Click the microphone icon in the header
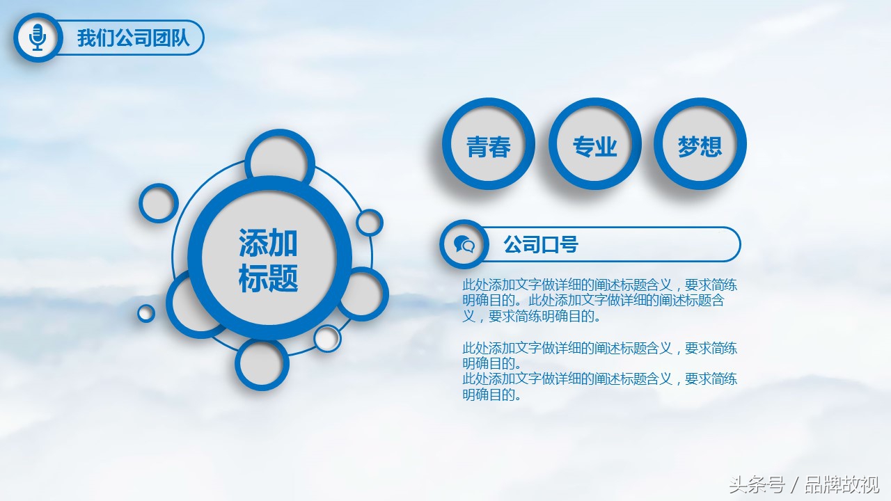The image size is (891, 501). tap(38, 38)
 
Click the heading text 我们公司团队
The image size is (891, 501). tap(133, 38)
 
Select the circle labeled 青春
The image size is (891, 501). tap(489, 144)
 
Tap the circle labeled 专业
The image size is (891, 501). tap(594, 144)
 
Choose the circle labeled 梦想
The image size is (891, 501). tap(700, 144)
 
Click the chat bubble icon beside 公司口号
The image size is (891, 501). tap(464, 244)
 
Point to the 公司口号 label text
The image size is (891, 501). tap(541, 244)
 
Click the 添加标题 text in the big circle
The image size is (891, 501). tap(268, 260)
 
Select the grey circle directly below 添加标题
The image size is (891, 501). tap(262, 363)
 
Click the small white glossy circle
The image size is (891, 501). tap(327, 338)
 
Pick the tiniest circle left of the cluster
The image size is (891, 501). tap(146, 313)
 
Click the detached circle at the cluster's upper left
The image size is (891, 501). tap(158, 202)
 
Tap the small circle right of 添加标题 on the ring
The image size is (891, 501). tap(369, 222)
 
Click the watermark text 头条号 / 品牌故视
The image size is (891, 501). tap(804, 484)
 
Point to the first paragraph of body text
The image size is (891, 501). tap(599, 301)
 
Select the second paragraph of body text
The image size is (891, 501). tap(599, 371)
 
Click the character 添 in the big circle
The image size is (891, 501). tap(253, 243)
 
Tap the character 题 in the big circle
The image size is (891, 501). tap(283, 278)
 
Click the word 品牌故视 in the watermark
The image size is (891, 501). tap(842, 484)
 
